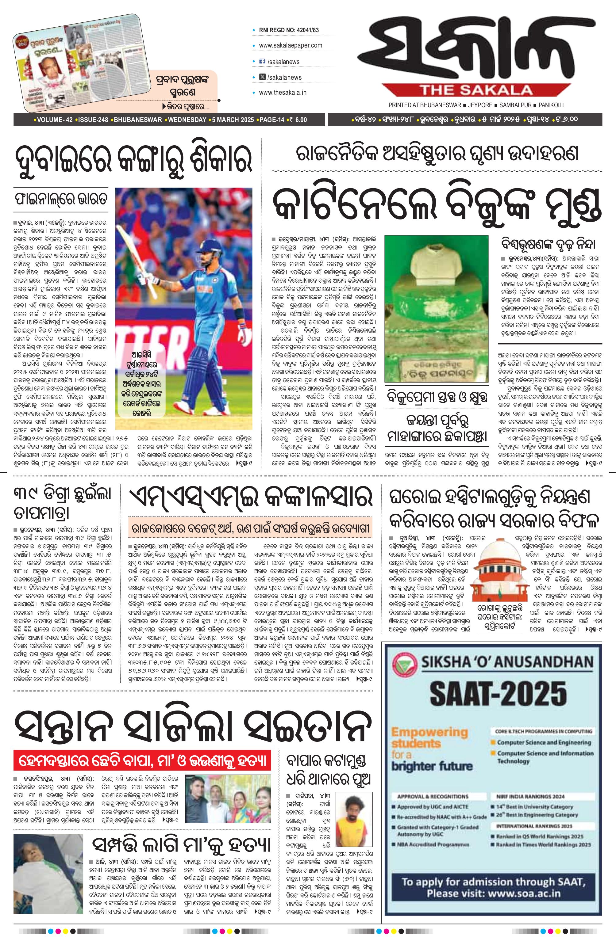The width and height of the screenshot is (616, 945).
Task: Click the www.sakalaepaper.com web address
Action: click(x=291, y=45)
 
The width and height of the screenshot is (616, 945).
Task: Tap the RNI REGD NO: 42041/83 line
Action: click(x=289, y=30)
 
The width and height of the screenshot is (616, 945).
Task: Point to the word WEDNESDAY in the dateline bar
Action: click(x=187, y=120)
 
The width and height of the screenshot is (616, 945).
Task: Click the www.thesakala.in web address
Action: click(x=283, y=93)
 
